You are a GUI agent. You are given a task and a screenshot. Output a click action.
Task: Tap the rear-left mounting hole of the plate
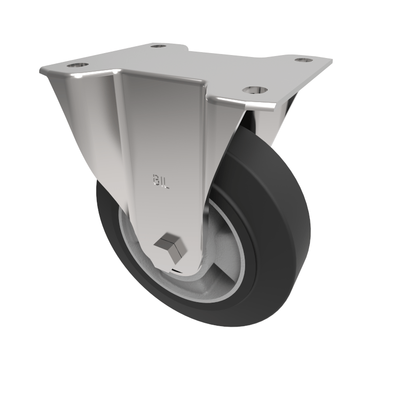point(158,46)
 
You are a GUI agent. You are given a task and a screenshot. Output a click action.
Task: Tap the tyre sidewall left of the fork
point(106,216)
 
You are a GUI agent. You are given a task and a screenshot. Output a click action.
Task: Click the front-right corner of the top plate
point(275,107)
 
